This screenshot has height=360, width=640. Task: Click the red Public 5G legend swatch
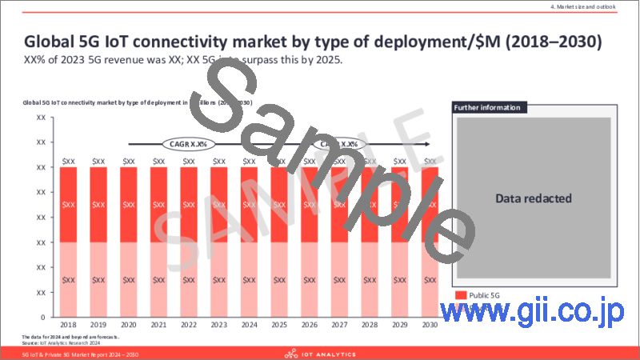tap(462, 295)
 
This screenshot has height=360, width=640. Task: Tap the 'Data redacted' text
tap(534, 198)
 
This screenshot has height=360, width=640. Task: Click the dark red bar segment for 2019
tap(99, 205)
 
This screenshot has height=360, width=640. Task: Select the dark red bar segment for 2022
tap(190, 205)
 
